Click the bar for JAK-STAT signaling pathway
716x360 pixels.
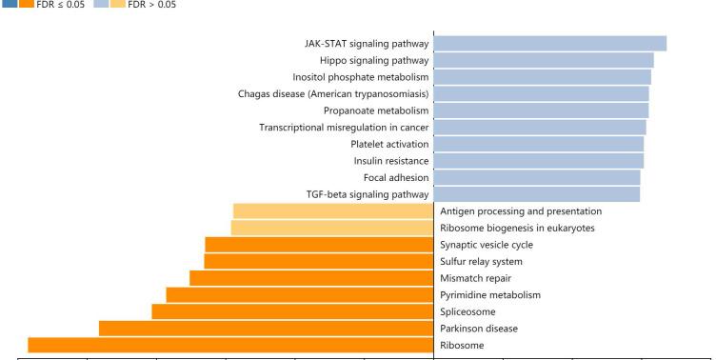pos(549,43)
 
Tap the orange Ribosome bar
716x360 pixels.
pos(230,345)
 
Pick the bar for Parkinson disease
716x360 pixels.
pos(266,329)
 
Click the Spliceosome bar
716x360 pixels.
pos(292,311)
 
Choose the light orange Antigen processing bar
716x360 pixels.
pos(333,210)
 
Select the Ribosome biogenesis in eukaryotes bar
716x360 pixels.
pos(332,228)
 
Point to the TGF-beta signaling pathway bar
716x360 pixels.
pos(537,194)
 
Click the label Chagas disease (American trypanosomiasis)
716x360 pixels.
pos(332,93)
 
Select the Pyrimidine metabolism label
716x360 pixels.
pos(489,295)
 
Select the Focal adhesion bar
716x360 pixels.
pos(537,177)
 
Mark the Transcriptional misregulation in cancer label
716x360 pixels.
pos(343,127)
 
